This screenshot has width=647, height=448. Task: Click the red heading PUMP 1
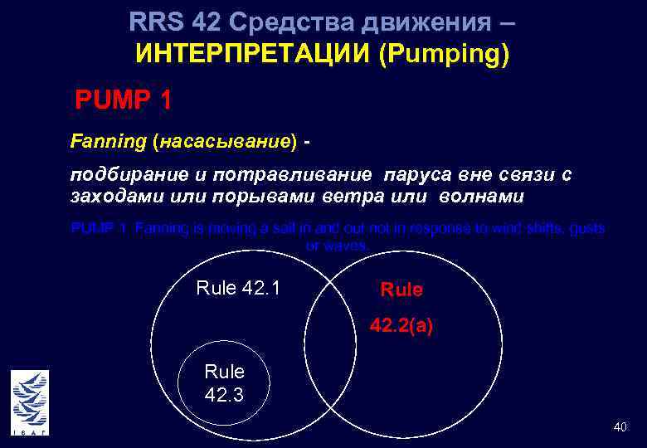[x=124, y=100]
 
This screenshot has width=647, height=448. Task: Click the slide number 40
[x=620, y=426]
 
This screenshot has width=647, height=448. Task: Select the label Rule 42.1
[x=238, y=288]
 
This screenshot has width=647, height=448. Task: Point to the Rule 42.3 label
[x=224, y=382]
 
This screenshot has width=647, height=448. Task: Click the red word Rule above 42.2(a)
[x=401, y=290]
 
